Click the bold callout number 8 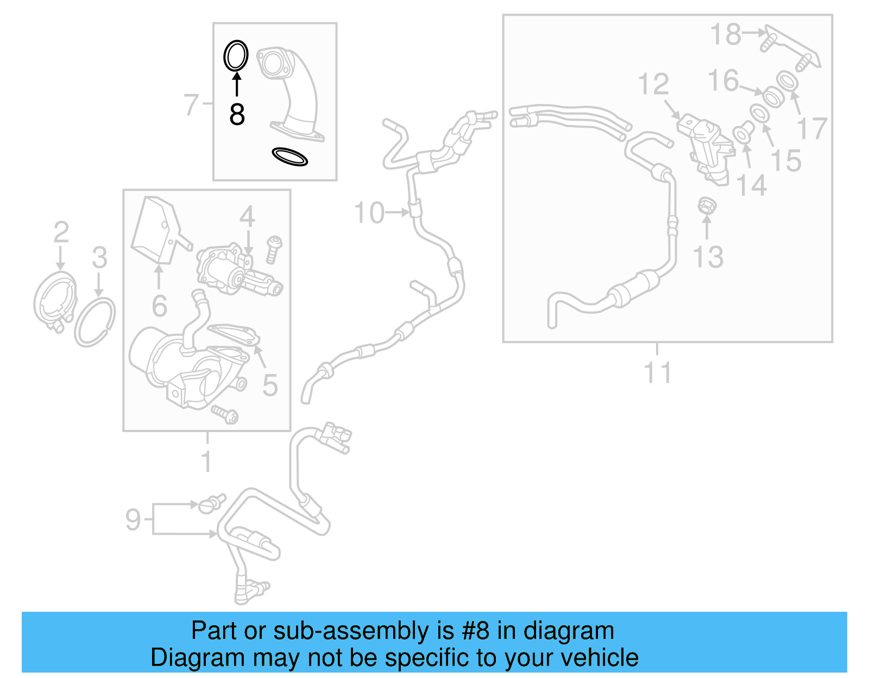237,115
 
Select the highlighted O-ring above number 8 236,55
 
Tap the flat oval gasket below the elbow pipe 289,156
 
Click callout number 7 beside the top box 192,104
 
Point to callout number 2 61,232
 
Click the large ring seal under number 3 95,323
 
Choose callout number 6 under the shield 159,306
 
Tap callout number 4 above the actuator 247,217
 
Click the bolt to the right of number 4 274,249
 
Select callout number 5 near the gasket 270,385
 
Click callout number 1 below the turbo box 206,461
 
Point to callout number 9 133,519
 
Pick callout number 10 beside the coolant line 369,212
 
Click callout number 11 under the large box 657,373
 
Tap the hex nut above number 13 706,206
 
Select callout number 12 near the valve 653,84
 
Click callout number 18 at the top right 726,34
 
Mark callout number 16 723,80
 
